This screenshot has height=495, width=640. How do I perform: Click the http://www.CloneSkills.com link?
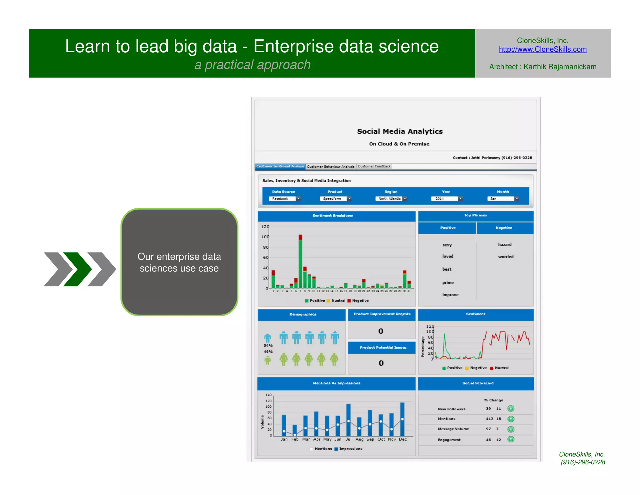542,49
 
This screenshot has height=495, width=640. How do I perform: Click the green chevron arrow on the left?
77,269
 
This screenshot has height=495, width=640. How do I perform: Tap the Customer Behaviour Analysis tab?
331,166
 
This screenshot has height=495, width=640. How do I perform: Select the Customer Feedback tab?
374,166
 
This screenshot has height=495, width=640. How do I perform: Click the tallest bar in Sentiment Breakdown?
300,263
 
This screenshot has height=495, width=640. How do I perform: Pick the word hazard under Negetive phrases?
505,244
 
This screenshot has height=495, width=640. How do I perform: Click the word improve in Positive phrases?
450,295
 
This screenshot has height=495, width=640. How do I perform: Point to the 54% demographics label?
268,345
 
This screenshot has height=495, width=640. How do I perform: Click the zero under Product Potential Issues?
381,363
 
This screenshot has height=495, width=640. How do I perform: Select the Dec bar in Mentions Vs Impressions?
402,419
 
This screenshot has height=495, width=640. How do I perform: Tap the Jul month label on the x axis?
348,439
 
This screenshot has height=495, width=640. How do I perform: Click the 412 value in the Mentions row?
489,419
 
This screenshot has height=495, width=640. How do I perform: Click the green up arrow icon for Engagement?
511,439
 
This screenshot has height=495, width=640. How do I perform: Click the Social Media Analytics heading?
400,131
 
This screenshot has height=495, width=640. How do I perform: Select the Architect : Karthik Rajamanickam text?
542,67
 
